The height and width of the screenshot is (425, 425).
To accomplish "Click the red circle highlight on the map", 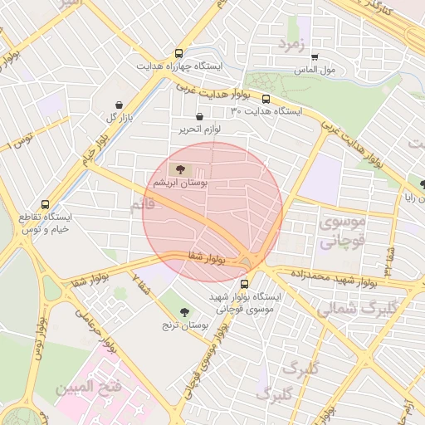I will coord(212,212).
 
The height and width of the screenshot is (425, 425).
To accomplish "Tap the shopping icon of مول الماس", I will coord(315,57).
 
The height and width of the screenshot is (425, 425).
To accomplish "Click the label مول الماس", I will coord(315,70).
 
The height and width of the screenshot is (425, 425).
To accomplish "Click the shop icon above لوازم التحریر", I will coord(199,117).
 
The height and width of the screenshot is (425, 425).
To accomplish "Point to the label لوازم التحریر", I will coord(198,129).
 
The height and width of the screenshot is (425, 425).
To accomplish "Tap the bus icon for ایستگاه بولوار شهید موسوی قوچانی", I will coord(243,283).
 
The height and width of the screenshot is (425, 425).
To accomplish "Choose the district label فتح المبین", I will coord(88,387).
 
